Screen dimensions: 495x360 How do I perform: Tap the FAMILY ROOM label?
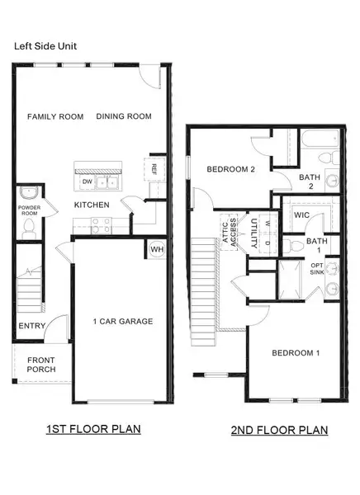[55, 117]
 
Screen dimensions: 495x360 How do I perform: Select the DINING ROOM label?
[124, 117]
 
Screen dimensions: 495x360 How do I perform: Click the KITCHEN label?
[92, 204]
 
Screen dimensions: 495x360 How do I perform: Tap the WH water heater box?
[157, 249]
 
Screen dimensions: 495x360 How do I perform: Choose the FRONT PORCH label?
[41, 365]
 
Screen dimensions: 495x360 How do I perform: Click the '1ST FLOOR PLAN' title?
[92, 429]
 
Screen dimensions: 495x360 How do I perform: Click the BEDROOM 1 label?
[296, 353]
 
